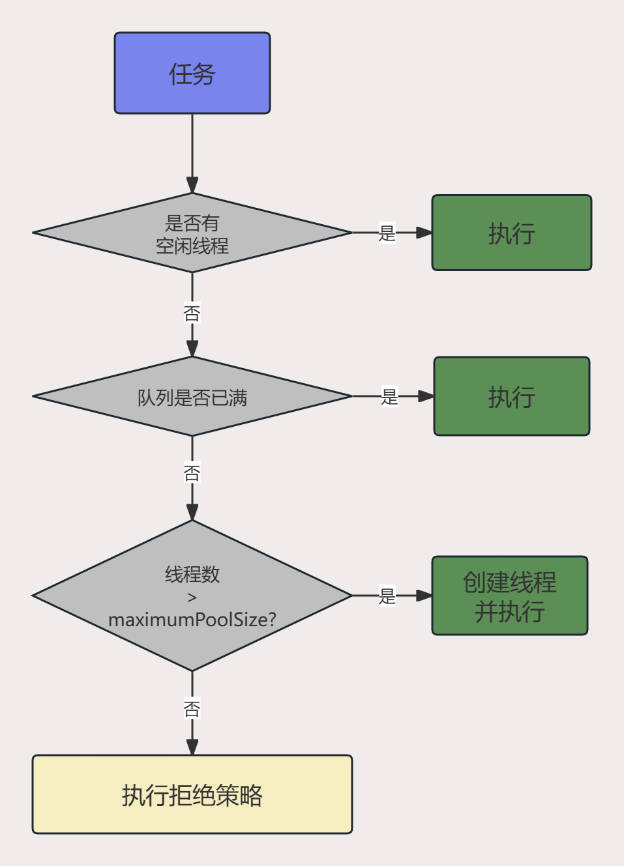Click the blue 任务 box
[x=192, y=73]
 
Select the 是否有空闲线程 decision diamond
[x=192, y=233]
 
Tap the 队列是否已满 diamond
[x=192, y=396]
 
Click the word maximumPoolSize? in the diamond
[x=192, y=619]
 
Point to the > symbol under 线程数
[x=192, y=598]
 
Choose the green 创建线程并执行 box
[x=510, y=596]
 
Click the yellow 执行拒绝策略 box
[x=192, y=794]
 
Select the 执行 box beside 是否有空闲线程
[x=512, y=233]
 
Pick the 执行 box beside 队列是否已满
[x=512, y=396]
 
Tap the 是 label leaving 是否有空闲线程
[x=387, y=233]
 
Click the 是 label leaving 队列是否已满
[x=389, y=396]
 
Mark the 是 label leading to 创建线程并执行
[x=387, y=596]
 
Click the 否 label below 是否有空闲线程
[x=192, y=314]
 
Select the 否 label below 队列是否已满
[x=192, y=473]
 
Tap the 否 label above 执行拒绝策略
[x=192, y=709]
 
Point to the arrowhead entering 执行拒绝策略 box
[x=192, y=747]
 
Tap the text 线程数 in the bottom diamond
[x=192, y=574]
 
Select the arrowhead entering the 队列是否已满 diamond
[x=192, y=349]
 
